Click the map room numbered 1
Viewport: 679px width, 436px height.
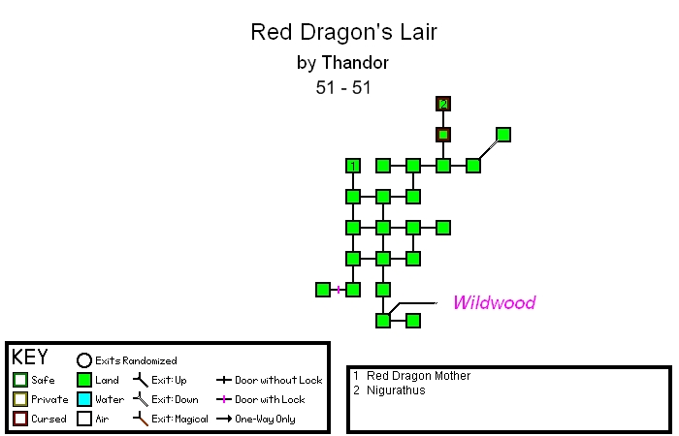tap(353, 166)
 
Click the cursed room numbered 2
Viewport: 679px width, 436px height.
tap(443, 104)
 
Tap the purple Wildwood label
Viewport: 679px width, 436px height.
tap(494, 302)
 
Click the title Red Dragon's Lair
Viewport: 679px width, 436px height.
tap(344, 32)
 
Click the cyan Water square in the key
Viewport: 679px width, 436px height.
tap(83, 399)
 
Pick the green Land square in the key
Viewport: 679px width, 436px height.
tap(83, 380)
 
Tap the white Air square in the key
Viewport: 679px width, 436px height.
tap(83, 419)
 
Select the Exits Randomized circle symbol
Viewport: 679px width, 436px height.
tap(84, 360)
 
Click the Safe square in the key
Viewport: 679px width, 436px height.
tap(20, 380)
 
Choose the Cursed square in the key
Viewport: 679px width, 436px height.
tap(20, 419)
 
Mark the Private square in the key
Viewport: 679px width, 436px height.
tap(20, 399)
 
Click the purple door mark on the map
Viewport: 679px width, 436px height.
tap(339, 290)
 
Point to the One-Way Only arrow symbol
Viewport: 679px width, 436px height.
tap(223, 419)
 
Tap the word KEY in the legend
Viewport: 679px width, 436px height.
tap(29, 358)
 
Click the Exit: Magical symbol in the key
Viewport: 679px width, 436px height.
tap(141, 419)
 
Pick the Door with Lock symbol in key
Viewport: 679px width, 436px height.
tap(223, 399)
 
